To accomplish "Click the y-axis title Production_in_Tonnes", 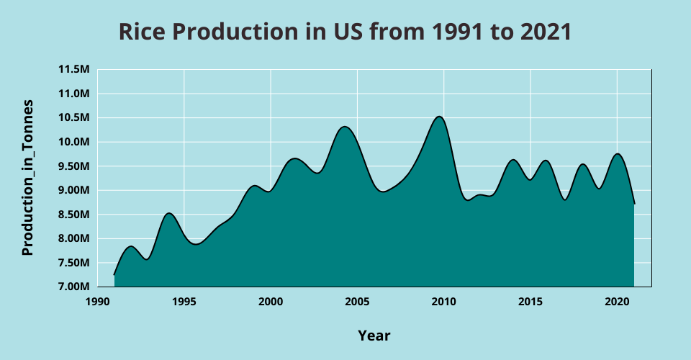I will [28, 178].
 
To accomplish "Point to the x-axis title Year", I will [374, 336].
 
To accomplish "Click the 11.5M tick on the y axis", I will [74, 70].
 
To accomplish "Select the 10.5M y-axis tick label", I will [74, 118].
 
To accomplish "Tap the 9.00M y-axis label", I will [74, 191].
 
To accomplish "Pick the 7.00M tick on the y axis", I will [74, 287].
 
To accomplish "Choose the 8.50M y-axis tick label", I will [74, 215].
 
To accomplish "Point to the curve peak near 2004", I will [345, 127].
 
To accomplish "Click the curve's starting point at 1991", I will [114, 275].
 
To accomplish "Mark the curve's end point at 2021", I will [634, 204].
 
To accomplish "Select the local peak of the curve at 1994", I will [168, 213].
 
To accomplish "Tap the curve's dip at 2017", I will [565, 199].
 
